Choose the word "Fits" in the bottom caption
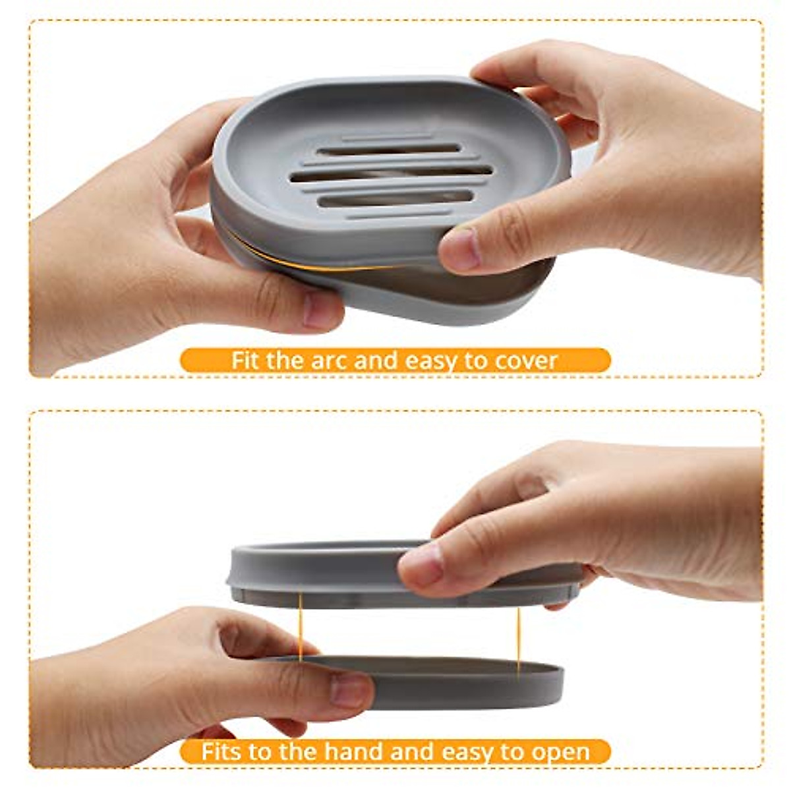click(224, 751)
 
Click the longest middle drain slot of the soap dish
click(392, 173)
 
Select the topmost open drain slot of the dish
click(389, 150)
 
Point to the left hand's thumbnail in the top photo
click(321, 310)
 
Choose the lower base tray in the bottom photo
click(461, 682)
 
